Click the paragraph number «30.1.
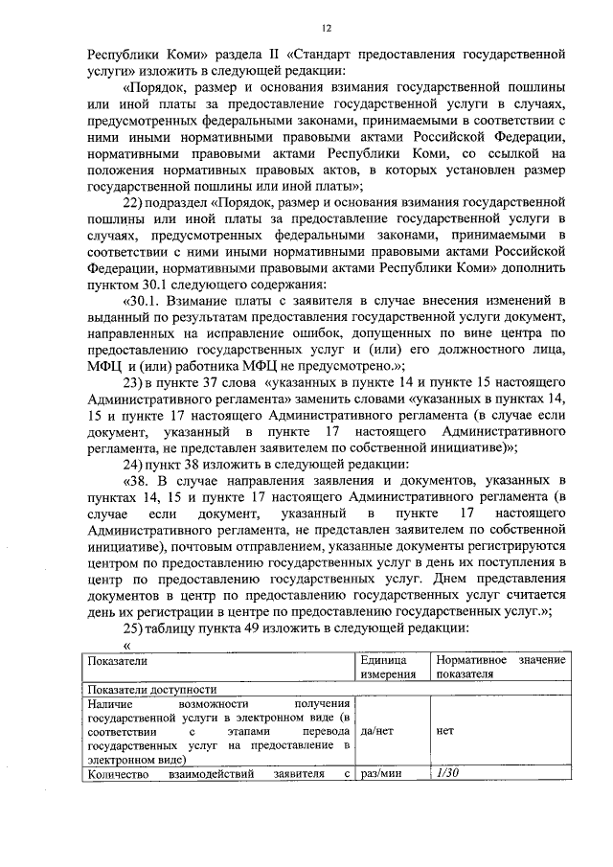[144, 300]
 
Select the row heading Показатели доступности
[151, 689]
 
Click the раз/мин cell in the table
[380, 773]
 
